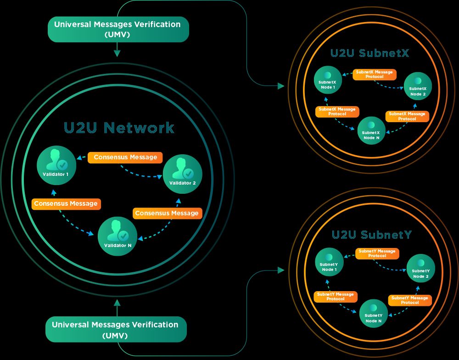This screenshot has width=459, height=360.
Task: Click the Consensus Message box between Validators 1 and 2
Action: click(125, 157)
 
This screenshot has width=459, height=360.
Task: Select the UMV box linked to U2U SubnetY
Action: click(116, 329)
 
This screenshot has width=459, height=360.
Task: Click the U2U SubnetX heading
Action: click(369, 53)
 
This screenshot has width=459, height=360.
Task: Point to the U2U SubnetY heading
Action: click(372, 235)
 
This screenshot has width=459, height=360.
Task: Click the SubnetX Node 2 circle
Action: click(418, 86)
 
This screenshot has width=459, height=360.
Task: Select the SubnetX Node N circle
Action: click(371, 130)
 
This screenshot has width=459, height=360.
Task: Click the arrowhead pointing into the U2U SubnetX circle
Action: click(281, 85)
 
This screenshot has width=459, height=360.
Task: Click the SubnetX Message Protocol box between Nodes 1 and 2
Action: click(375, 74)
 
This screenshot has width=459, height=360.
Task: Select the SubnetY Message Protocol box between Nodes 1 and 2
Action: click(377, 253)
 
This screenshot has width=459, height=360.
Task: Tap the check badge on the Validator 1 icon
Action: click(62, 165)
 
